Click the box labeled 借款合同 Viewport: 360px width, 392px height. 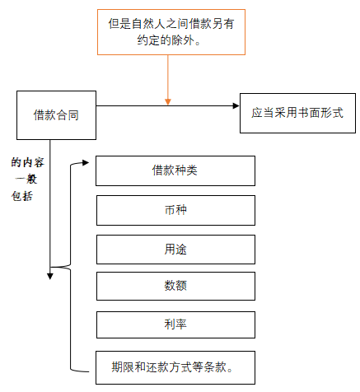point(54,114)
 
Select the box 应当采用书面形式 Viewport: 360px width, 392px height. point(297,113)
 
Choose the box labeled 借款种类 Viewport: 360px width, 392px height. point(175,170)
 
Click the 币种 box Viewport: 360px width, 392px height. point(175,210)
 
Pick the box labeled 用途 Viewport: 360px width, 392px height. point(175,248)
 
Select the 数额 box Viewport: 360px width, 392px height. point(175,286)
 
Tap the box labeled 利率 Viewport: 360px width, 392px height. point(175,324)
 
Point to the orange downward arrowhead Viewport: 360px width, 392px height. point(168,101)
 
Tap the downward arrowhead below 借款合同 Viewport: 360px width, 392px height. point(50,275)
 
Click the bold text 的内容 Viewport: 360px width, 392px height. point(28,162)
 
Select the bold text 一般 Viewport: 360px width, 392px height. point(28,179)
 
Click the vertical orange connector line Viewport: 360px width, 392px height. point(168,78)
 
